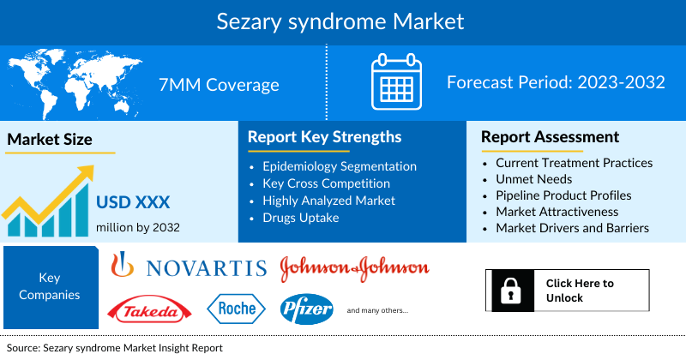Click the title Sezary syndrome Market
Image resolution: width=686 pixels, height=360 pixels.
pyautogui.click(x=343, y=21)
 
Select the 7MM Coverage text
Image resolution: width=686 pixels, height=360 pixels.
pyautogui.click(x=219, y=84)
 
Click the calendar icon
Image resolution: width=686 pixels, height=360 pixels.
pyautogui.click(x=397, y=84)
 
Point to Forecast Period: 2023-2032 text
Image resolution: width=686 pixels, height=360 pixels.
pyautogui.click(x=556, y=83)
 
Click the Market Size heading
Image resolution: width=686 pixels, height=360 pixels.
pyautogui.click(x=50, y=139)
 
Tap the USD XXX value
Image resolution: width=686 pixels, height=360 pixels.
pyautogui.click(x=133, y=203)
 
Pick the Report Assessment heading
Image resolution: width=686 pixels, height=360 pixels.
pyautogui.click(x=550, y=137)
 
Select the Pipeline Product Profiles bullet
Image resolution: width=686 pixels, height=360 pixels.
pyautogui.click(x=563, y=195)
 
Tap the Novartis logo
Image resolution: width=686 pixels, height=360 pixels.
pyautogui.click(x=190, y=267)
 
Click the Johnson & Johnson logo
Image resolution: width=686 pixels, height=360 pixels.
pyautogui.click(x=354, y=267)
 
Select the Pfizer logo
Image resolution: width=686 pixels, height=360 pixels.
pyautogui.click(x=306, y=309)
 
